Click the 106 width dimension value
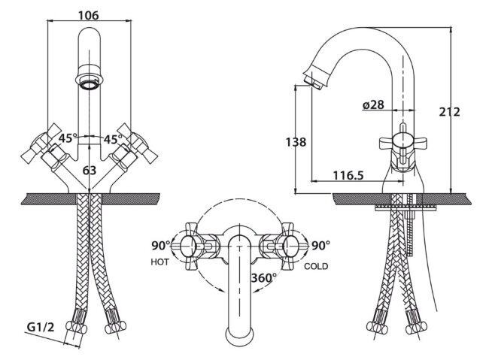(88, 15)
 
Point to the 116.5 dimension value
(348, 175)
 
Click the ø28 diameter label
(374, 106)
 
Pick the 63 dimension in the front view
(90, 171)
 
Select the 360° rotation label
(264, 277)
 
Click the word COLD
(316, 266)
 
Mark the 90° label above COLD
(320, 246)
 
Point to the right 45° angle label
(113, 139)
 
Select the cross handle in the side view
(402, 143)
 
